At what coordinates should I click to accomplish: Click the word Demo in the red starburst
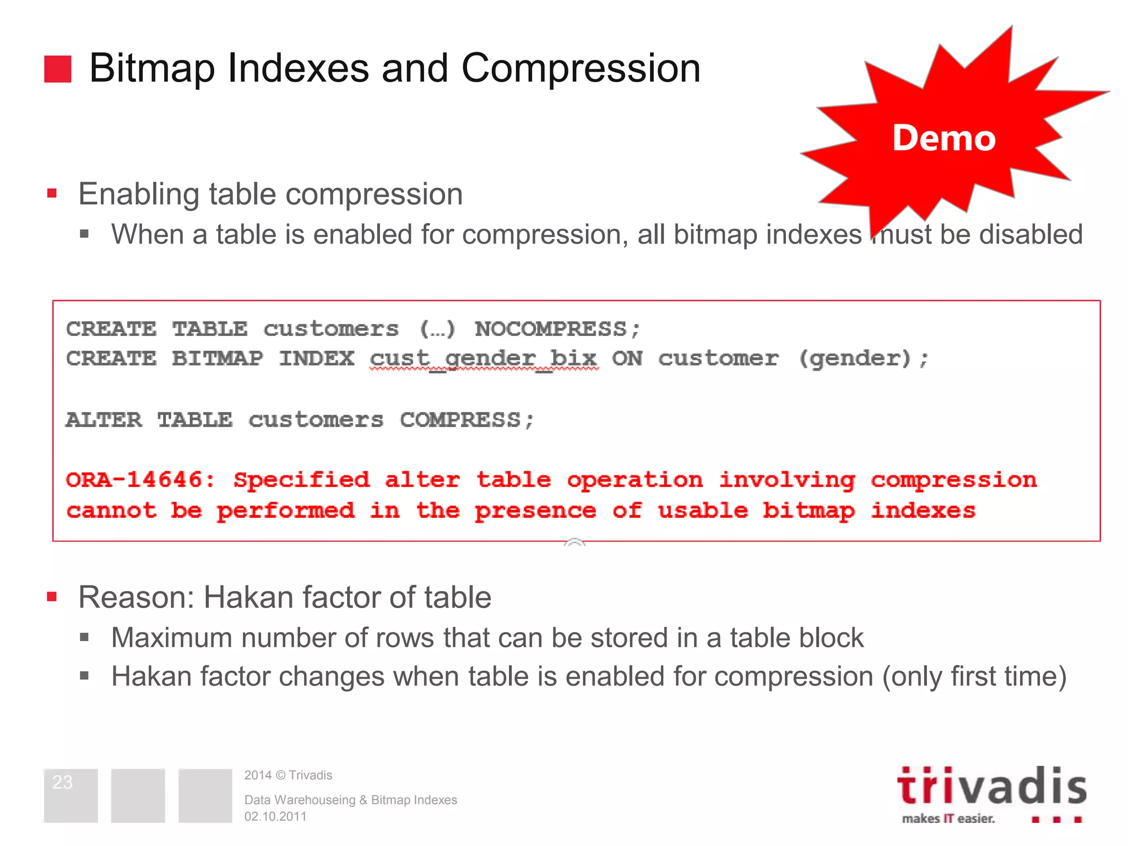943,138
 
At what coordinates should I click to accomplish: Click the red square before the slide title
58,69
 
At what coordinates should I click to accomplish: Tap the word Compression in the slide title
581,68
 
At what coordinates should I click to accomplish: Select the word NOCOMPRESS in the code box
551,329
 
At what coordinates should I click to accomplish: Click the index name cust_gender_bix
484,359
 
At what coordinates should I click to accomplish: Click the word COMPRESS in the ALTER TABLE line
460,420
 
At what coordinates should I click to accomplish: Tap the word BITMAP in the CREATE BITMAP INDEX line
218,359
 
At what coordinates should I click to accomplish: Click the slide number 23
62,782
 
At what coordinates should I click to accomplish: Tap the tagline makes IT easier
948,818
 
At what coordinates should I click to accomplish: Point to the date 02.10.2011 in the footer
275,817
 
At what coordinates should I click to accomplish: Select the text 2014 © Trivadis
288,775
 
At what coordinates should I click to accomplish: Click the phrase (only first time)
974,676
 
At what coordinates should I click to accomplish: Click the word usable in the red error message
702,511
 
